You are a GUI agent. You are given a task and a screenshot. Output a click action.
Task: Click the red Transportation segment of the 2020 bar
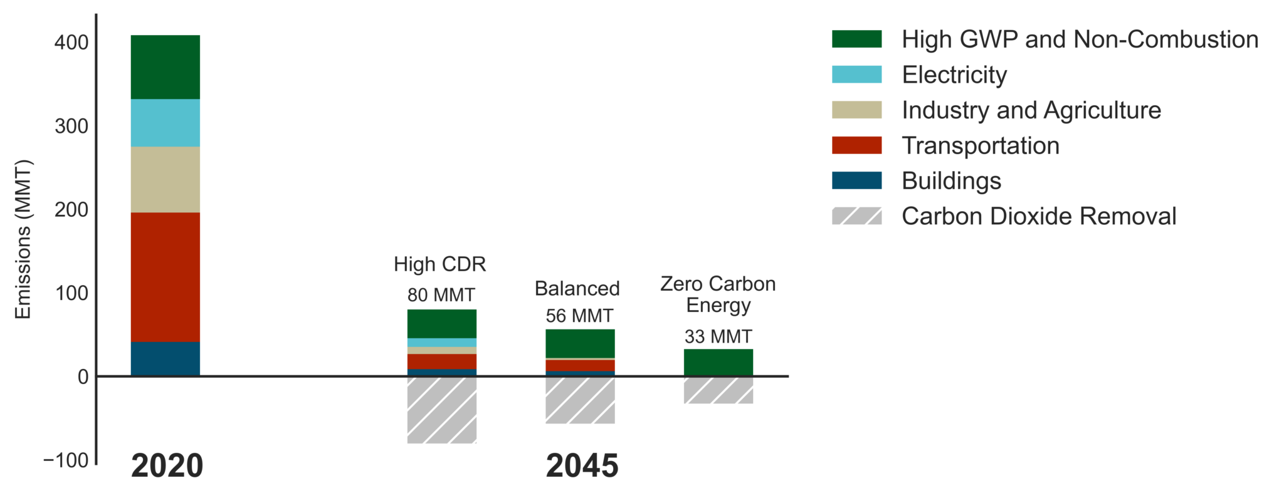[165, 277]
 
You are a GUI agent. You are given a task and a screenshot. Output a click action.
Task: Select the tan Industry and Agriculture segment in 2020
[165, 179]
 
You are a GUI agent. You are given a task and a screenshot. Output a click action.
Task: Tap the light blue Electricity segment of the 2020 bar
[165, 123]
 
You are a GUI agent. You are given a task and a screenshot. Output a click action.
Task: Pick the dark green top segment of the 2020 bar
[165, 67]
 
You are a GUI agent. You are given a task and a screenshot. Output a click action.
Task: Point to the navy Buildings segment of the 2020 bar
[165, 358]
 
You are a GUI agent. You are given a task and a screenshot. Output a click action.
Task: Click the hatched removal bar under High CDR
[441, 410]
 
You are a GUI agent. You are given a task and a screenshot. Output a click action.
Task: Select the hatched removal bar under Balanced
[580, 400]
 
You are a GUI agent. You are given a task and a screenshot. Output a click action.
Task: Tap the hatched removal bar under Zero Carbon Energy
[718, 390]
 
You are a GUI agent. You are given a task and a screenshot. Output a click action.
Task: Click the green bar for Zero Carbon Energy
[718, 362]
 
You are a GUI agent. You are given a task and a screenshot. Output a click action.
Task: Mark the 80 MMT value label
[441, 295]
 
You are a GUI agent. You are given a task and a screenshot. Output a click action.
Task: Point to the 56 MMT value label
[579, 316]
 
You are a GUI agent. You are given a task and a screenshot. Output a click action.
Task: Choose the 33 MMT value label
[718, 337]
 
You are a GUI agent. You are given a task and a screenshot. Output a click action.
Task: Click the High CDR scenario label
[440, 264]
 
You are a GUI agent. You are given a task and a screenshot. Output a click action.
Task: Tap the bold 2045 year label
[582, 466]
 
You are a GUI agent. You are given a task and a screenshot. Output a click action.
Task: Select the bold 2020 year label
[167, 466]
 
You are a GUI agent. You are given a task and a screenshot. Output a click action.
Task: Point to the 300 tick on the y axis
[71, 127]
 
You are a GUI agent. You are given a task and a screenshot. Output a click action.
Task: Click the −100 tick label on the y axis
[66, 460]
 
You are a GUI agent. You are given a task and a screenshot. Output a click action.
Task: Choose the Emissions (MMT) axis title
[23, 240]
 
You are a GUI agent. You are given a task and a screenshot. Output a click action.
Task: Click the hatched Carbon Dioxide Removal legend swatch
[856, 216]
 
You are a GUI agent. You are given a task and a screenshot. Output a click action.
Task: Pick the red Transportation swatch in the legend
[856, 145]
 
